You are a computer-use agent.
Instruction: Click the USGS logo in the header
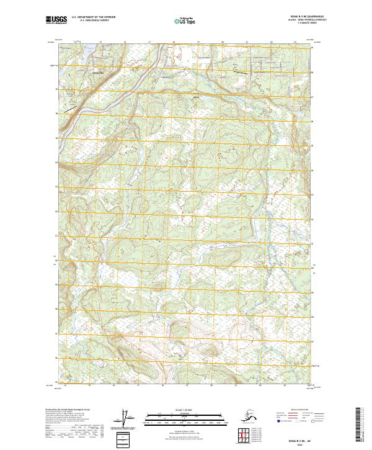[55, 20]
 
